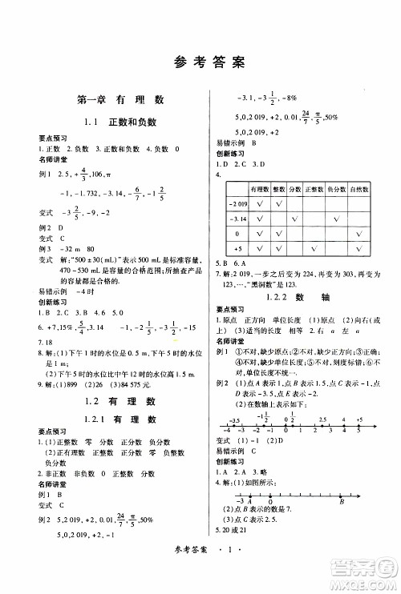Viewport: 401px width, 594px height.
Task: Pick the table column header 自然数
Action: click(360, 189)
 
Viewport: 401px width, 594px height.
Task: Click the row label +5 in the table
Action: click(237, 249)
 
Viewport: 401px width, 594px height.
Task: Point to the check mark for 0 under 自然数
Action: click(360, 234)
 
